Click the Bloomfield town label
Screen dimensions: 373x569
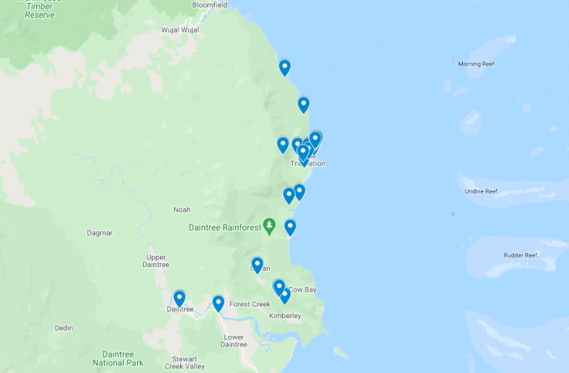pos(210,4)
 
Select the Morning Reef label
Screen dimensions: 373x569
pos(476,64)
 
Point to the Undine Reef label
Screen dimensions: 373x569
pos(480,191)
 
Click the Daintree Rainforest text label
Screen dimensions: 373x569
pos(225,228)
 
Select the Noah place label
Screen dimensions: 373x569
pos(182,210)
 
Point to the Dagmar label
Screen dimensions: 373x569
pos(99,233)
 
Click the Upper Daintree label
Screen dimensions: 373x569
pos(156,261)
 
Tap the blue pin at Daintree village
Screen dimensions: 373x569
pos(179,298)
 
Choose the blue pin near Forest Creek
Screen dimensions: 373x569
pos(218,303)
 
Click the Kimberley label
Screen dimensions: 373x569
pos(285,316)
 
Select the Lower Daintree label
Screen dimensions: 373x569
pos(233,340)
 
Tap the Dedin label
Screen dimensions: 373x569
pos(64,328)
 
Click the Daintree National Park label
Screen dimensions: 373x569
pos(118,359)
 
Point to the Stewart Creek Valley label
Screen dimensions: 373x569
pos(184,363)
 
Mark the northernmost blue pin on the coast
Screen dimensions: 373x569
pos(284,67)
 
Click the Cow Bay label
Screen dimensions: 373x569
pos(302,289)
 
